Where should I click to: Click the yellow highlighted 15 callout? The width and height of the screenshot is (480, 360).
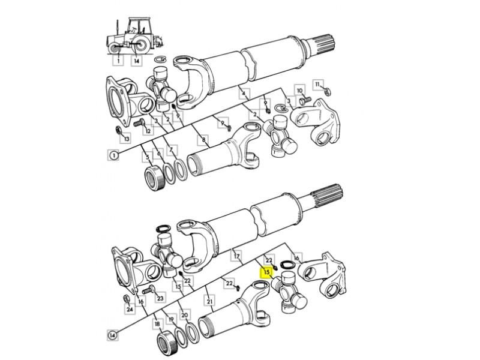click(266, 272)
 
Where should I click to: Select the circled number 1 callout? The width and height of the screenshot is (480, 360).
click(113, 155)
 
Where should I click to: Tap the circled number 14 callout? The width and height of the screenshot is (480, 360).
click(113, 335)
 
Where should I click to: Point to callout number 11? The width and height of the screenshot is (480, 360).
click(318, 84)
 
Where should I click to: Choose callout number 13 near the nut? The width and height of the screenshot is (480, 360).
click(127, 139)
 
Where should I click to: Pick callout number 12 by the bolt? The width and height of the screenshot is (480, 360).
click(148, 131)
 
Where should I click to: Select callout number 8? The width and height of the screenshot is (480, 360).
click(203, 140)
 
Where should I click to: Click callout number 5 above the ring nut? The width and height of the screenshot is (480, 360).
click(147, 157)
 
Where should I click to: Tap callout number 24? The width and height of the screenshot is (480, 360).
click(130, 309)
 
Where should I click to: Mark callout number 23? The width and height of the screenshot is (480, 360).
click(160, 297)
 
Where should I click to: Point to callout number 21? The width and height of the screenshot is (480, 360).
click(209, 302)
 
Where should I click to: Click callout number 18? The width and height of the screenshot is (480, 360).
click(158, 324)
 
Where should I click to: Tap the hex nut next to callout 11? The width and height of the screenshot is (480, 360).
click(327, 92)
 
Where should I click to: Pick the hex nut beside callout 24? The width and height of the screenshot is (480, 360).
click(125, 298)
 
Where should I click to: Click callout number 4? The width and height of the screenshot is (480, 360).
click(244, 94)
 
